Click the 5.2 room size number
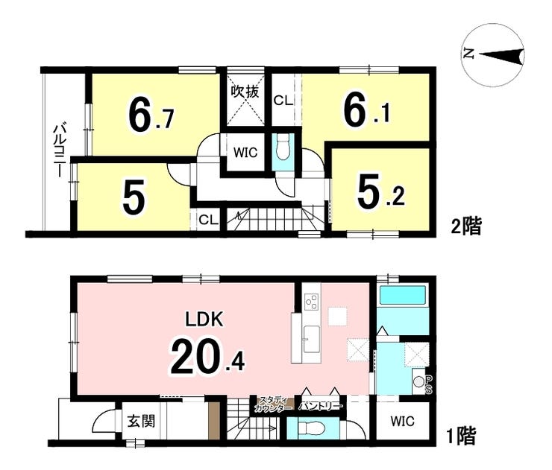coord(380,194)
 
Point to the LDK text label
coord(203,320)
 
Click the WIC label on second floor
coord(245,153)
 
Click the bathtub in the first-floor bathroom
coord(401,296)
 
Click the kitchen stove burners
coord(310,302)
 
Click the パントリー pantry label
coord(320,407)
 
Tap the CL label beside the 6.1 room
coord(282,100)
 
